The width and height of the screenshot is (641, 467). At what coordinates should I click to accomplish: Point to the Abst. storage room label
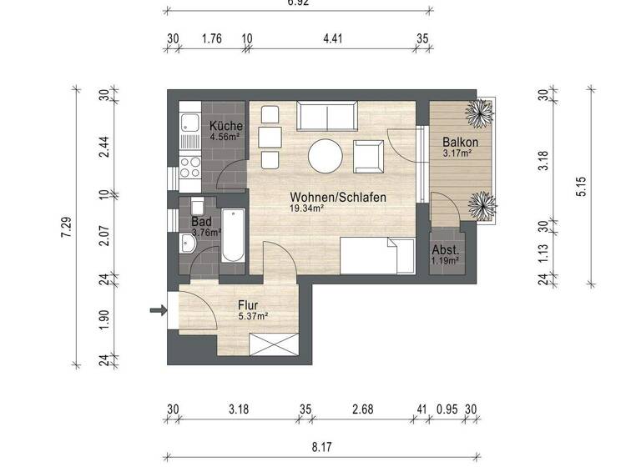(x=445, y=250)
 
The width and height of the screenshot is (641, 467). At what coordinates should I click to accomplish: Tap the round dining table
(x=326, y=155)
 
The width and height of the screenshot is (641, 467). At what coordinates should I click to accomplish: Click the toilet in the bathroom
(x=198, y=206)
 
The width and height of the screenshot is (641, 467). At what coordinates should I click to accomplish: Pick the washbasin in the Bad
(x=187, y=243)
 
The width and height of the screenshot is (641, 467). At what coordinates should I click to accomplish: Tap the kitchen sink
(x=189, y=125)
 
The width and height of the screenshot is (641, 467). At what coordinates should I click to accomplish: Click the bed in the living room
(x=376, y=255)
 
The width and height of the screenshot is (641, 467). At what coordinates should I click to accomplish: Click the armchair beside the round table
(x=368, y=155)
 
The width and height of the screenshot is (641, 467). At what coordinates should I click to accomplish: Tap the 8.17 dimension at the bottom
(x=321, y=448)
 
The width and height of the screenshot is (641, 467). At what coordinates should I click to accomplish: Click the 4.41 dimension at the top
(x=333, y=38)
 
